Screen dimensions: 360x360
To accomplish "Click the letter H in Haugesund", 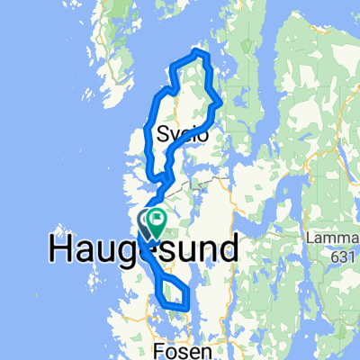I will tap(58, 248).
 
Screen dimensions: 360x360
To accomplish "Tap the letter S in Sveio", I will tap(163, 135).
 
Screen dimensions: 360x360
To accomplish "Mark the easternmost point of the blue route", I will tap(221, 102).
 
